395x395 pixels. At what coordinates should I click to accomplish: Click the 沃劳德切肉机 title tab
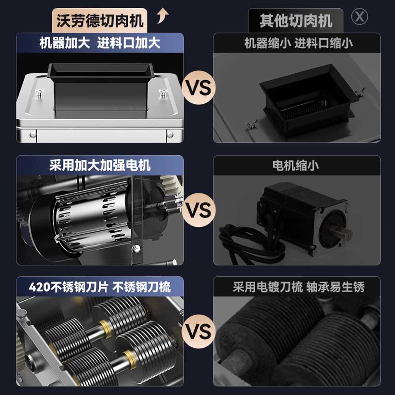click(x=100, y=21)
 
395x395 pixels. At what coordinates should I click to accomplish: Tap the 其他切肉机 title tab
click(x=296, y=21)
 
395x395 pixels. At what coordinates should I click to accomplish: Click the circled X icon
click(x=359, y=17)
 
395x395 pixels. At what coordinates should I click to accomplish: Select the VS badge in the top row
click(x=199, y=88)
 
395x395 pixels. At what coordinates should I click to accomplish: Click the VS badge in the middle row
click(x=199, y=210)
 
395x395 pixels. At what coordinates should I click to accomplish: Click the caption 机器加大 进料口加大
click(x=100, y=43)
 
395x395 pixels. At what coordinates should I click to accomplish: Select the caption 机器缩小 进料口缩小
click(x=298, y=43)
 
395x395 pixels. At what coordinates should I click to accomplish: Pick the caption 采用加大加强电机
click(x=100, y=166)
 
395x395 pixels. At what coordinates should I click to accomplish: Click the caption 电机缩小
click(x=296, y=166)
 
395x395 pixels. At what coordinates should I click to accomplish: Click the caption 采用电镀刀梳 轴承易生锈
click(x=299, y=287)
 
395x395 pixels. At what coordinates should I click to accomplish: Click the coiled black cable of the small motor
click(x=248, y=243)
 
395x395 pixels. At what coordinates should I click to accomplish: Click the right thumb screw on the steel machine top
click(x=163, y=93)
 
